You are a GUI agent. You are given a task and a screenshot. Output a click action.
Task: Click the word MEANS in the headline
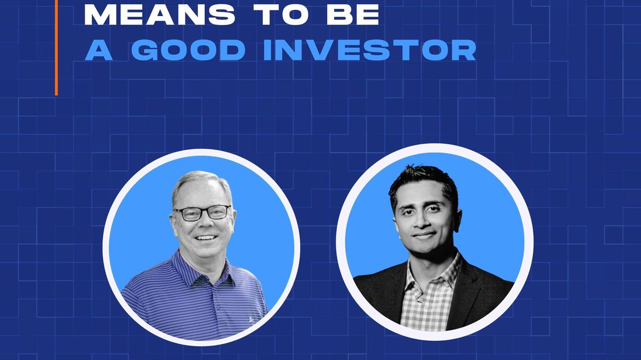[159, 15]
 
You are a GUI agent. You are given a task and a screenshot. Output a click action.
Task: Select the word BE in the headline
[353, 15]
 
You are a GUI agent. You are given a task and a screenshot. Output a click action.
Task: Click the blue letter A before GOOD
[98, 50]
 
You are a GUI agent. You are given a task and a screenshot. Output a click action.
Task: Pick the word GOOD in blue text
[188, 50]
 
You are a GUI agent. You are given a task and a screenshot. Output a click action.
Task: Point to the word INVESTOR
[369, 50]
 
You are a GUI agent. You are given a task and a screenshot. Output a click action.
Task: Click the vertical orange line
[56, 47]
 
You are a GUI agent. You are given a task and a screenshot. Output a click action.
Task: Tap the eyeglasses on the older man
[203, 213]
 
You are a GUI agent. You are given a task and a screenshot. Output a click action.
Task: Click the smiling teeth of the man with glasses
[206, 237]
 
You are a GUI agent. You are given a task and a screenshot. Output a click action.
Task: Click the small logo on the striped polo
[251, 319]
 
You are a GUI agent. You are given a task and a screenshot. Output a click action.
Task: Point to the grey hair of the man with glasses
[202, 183]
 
